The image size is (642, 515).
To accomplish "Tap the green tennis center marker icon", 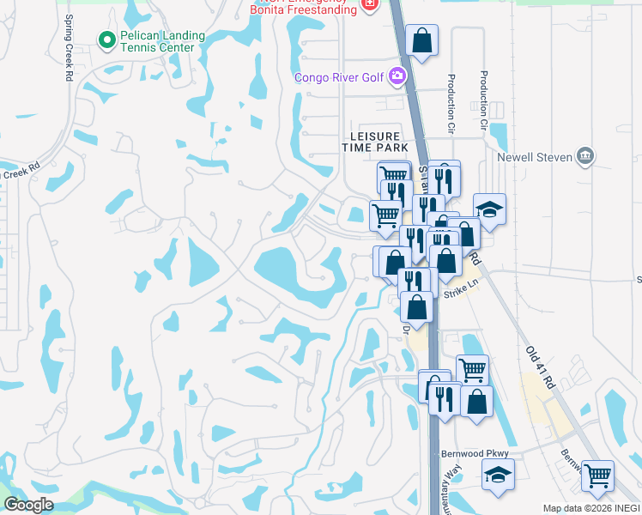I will tap(107, 39).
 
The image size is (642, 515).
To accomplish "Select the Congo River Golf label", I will tap(339, 77).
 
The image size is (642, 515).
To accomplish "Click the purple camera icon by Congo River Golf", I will tap(397, 77).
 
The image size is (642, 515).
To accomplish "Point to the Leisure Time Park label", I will tap(375, 142).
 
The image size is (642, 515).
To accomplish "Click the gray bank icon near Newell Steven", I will tap(585, 155).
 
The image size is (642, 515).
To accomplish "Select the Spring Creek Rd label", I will tap(68, 47).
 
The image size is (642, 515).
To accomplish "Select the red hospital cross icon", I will tap(370, 4).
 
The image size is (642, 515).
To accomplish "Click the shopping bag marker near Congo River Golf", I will tap(422, 40).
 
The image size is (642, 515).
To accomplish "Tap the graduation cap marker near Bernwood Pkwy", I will tap(498, 475).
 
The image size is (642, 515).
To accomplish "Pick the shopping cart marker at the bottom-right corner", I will tap(598, 475).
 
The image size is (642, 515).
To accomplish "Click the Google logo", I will tap(28, 505).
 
